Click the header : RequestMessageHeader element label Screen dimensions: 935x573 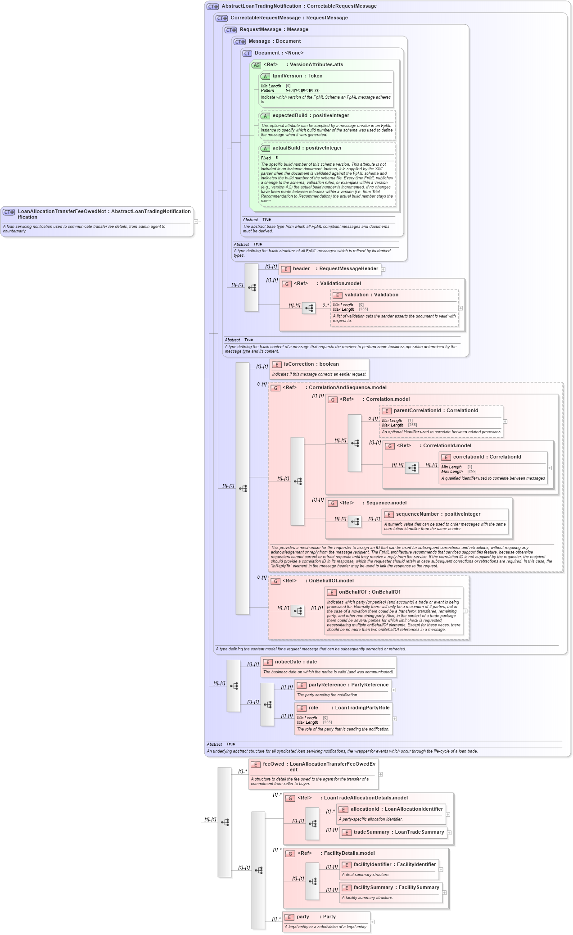coord(335,269)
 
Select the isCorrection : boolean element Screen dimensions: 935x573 coord(311,364)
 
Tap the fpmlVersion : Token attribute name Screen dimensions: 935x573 coord(297,76)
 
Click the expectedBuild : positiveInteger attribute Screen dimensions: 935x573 coord(311,116)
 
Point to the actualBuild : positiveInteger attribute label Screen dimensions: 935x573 coord(307,148)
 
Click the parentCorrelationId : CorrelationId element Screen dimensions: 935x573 coord(436,411)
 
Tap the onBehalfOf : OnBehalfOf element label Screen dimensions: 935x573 coord(369,592)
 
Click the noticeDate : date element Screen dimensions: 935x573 coord(296,662)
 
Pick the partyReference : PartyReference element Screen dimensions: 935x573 coord(348,685)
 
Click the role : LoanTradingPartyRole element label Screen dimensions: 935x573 coord(349,708)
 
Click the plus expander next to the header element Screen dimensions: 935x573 coord(384,269)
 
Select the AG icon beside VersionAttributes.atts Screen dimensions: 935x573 coord(256,65)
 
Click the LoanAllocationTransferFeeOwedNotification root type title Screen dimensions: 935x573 coord(104,212)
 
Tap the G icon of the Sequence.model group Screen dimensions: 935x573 coord(333,504)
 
